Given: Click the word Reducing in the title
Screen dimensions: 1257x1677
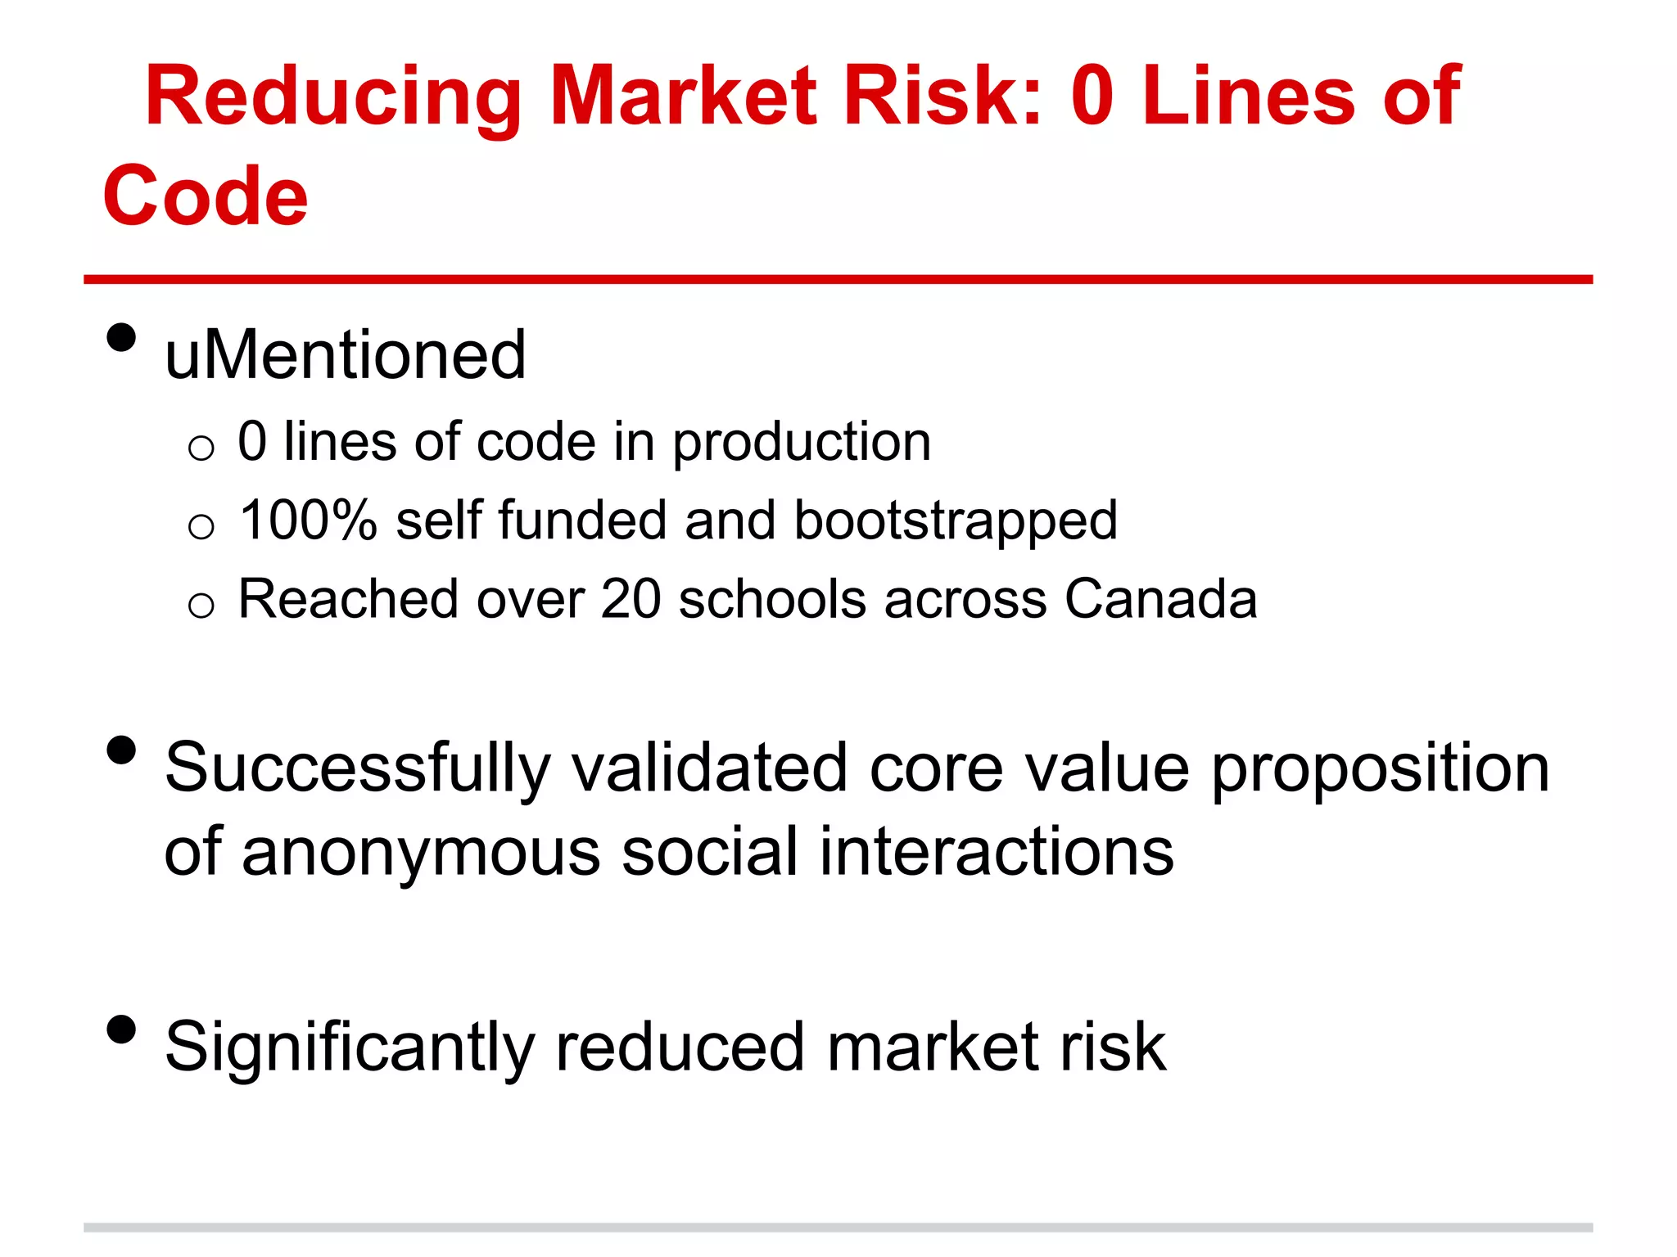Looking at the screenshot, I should point(332,98).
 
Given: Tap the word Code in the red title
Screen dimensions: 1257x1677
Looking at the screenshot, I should point(206,197).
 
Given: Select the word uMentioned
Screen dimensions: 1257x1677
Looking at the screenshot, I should point(345,356).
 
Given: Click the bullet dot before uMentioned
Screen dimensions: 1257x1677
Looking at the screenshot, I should point(121,337).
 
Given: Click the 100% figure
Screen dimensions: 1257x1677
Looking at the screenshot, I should point(308,520).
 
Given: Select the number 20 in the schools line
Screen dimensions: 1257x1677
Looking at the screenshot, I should point(631,599).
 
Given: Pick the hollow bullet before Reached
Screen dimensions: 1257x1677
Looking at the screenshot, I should point(201,606).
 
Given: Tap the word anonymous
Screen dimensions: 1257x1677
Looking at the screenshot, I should point(421,853).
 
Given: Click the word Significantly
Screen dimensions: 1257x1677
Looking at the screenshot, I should point(349,1048).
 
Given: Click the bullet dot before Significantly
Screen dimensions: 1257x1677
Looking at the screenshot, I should point(121,1029).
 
